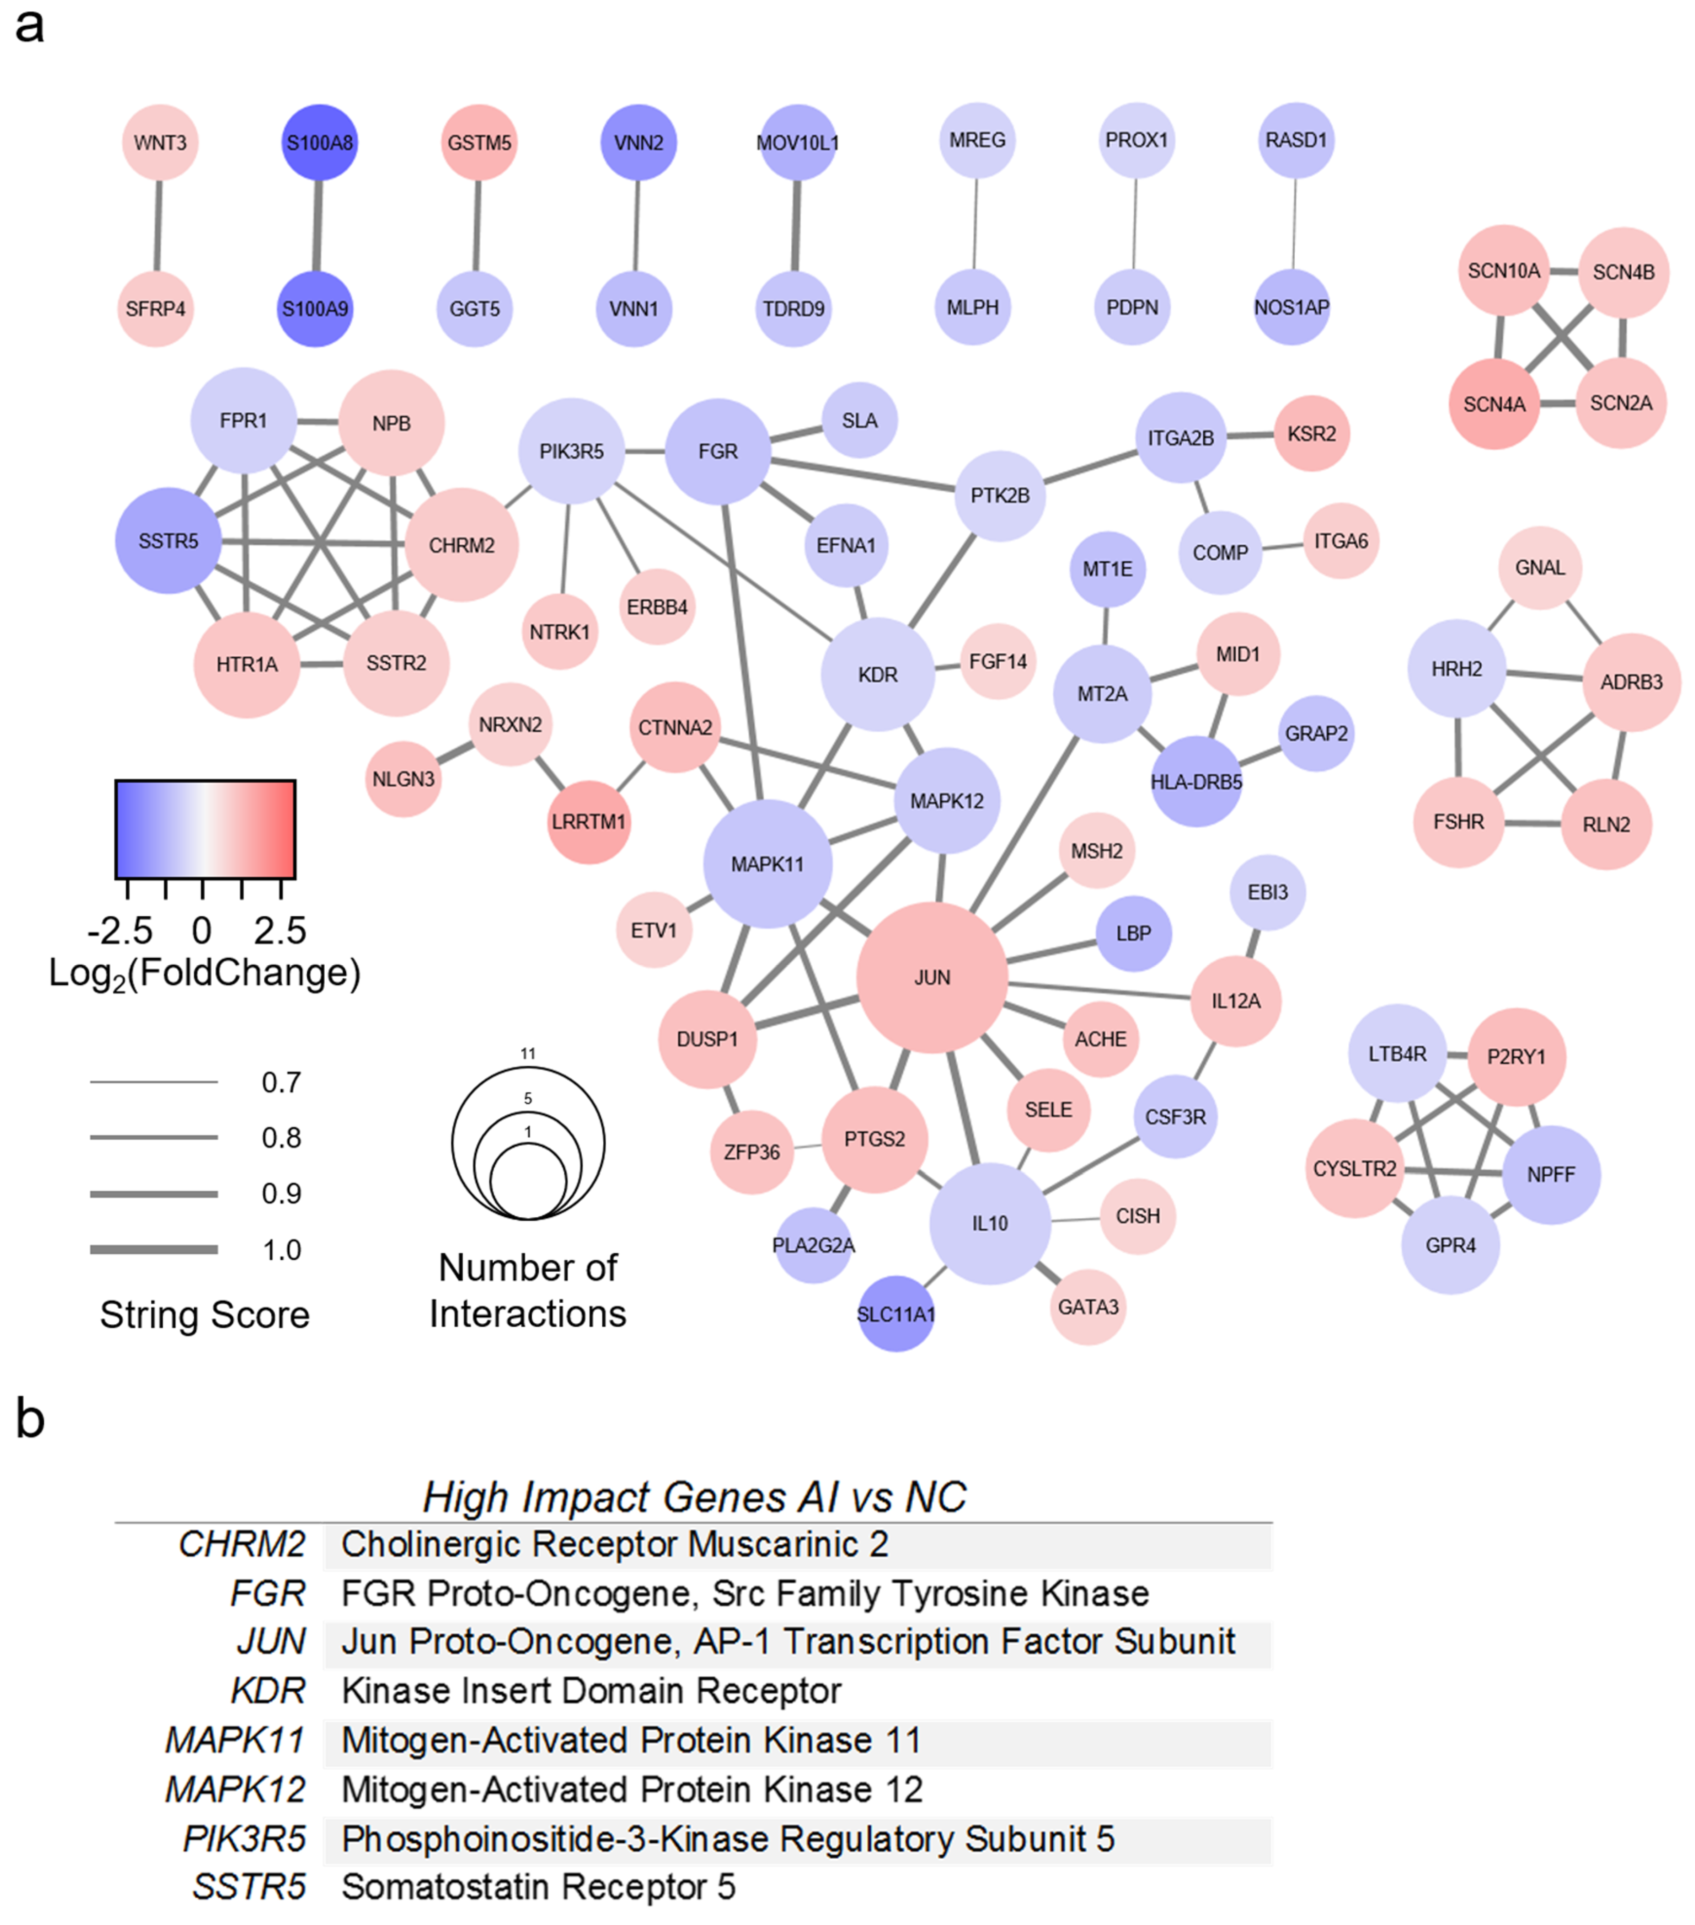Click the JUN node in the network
click(931, 977)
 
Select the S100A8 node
click(319, 142)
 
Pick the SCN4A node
click(1493, 404)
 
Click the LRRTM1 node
click(589, 821)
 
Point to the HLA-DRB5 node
click(1195, 782)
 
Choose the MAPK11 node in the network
click(767, 864)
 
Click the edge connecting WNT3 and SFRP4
click(157, 226)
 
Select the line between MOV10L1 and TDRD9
click(796, 226)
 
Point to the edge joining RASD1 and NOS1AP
click(1294, 224)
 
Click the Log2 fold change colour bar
click(205, 829)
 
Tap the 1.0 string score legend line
click(153, 1249)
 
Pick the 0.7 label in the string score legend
click(281, 1082)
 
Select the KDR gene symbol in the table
click(268, 1690)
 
